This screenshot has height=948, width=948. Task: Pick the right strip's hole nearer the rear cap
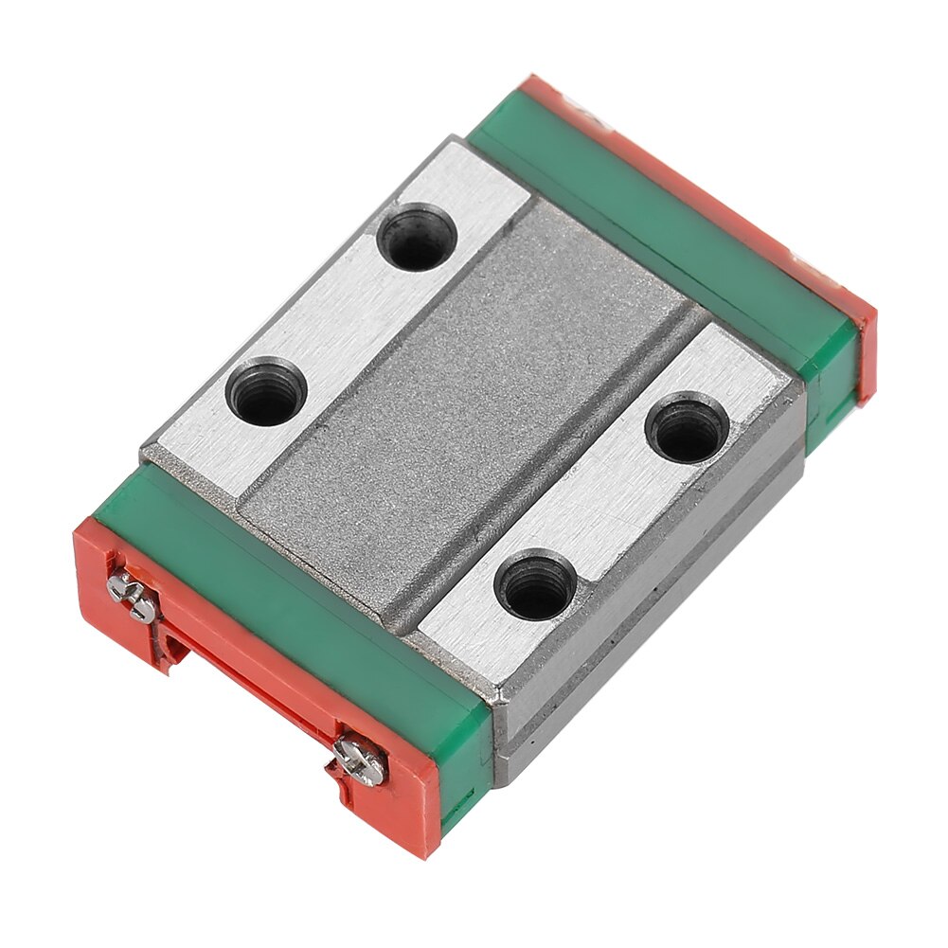(x=688, y=429)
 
